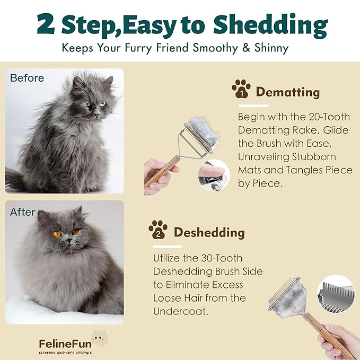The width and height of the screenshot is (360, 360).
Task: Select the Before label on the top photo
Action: tap(27, 78)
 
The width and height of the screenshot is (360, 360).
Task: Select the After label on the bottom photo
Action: tap(23, 212)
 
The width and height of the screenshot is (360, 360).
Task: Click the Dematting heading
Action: tap(287, 92)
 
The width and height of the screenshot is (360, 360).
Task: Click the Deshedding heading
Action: tap(209, 232)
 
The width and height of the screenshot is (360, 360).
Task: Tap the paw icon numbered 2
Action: tap(158, 230)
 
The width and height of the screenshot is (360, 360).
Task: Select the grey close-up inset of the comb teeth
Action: tap(335, 300)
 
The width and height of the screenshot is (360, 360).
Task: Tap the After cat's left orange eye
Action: tap(57, 234)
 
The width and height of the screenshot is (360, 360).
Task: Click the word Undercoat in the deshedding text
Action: tap(180, 311)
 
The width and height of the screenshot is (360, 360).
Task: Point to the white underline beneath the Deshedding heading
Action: tap(167, 246)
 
